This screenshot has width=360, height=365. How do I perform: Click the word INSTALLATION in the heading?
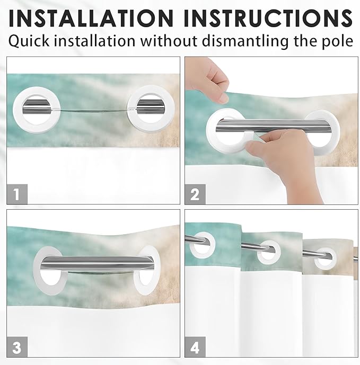(91, 18)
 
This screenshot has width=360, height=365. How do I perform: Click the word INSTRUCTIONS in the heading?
(268, 18)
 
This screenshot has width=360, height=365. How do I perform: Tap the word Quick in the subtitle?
(29, 41)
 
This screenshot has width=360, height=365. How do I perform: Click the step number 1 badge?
(17, 194)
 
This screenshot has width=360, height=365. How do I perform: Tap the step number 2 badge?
(195, 194)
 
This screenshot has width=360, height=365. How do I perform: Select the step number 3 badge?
(17, 347)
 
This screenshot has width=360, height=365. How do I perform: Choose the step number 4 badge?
(195, 347)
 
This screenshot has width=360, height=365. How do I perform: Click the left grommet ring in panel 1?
(18, 110)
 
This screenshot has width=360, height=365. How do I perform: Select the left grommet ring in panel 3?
(38, 271)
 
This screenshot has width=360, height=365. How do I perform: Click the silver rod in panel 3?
(97, 263)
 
